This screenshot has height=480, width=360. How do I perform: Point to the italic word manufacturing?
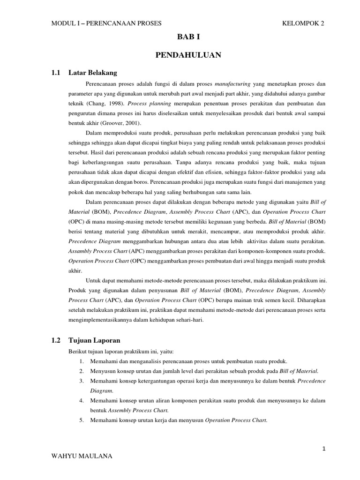click(x=233, y=83)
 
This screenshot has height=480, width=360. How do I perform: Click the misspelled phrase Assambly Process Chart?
click(x=97, y=250)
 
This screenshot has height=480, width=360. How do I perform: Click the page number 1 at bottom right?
click(x=323, y=449)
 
